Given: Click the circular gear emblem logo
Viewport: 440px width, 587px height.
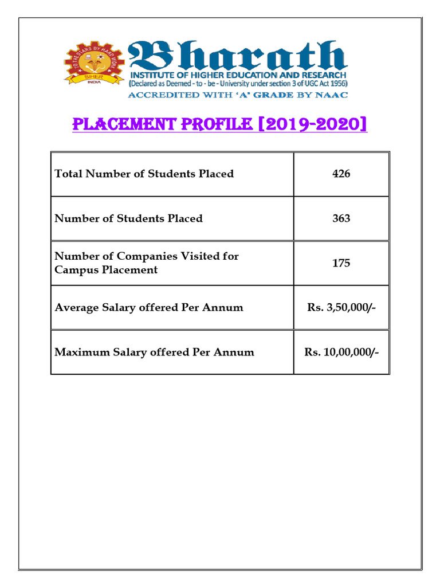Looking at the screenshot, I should [94, 64].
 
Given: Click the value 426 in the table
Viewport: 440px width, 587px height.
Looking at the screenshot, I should [341, 174].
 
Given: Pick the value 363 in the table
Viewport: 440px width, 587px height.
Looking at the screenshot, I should [341, 218].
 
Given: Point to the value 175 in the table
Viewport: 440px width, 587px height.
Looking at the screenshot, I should [341, 263].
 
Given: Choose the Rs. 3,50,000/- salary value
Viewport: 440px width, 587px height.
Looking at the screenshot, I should [341, 308].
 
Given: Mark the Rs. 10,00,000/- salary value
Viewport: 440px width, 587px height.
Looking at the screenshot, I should [341, 353].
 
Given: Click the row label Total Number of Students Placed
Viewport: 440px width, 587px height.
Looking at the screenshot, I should [144, 174].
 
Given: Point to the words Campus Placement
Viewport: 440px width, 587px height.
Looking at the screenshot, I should [106, 270].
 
